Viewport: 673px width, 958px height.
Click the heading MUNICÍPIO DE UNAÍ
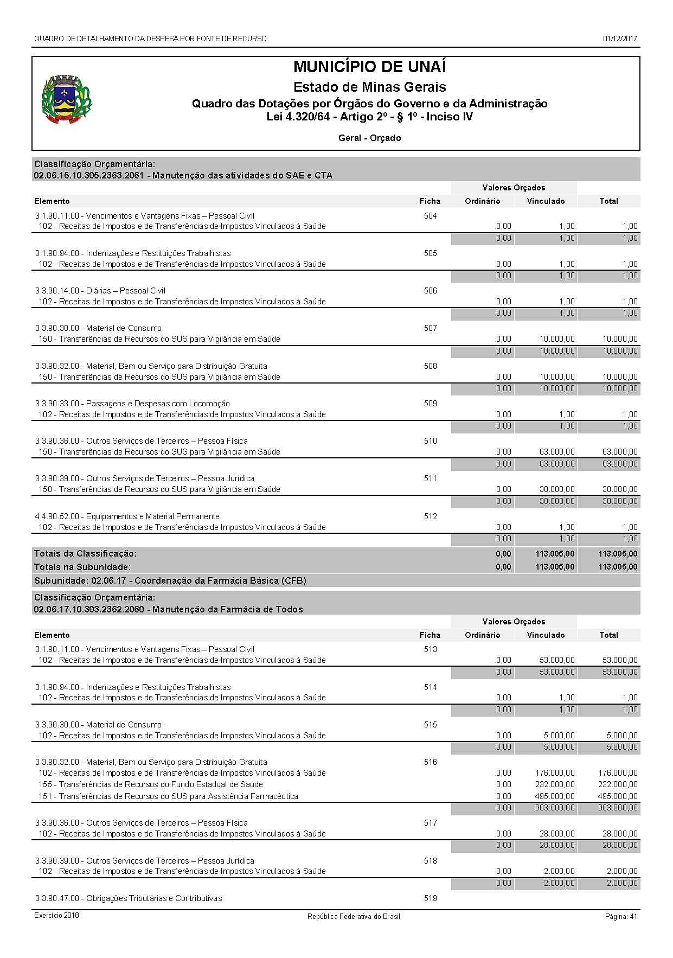tap(369, 67)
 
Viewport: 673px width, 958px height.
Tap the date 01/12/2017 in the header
tap(619, 39)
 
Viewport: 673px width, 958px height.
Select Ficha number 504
tap(430, 216)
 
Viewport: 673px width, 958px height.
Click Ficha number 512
tap(430, 516)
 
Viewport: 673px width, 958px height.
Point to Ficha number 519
tap(430, 898)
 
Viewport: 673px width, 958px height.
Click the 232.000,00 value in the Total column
tap(620, 784)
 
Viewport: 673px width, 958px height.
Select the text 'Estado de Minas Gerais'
tap(369, 87)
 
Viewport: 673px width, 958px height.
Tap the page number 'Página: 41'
tap(621, 916)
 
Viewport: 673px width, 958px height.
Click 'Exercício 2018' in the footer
tap(56, 916)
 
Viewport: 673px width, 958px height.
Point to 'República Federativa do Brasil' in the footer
tap(354, 916)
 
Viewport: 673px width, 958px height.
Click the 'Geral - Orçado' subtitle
tap(369, 138)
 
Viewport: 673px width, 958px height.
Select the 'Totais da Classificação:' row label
tap(85, 554)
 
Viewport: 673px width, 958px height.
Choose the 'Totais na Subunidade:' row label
tap(82, 567)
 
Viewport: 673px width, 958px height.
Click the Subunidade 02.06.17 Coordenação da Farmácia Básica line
tap(170, 581)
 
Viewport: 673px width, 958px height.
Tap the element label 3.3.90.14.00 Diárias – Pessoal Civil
tap(100, 291)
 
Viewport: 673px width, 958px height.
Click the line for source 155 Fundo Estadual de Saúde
tap(151, 784)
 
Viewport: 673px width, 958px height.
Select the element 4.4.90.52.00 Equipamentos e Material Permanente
tap(127, 516)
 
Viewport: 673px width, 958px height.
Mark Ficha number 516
tap(430, 762)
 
